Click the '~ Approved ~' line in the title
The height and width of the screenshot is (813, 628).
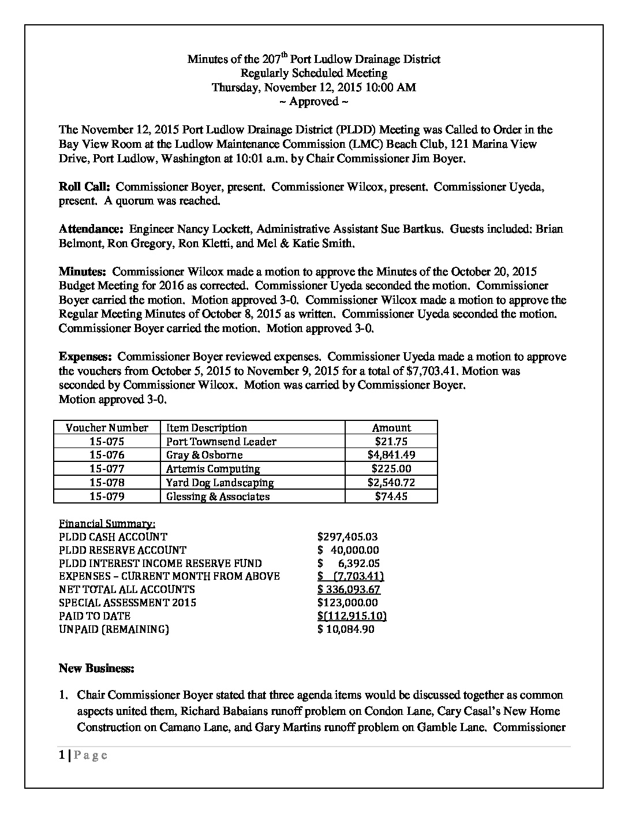[313, 102]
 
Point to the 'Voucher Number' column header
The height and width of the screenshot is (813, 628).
[107, 428]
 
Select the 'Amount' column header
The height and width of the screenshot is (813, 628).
[391, 428]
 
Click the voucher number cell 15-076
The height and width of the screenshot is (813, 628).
[107, 455]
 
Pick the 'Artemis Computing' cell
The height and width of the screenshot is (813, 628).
[213, 469]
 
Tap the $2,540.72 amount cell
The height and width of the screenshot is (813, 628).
[391, 483]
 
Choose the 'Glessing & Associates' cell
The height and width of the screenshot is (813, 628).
[218, 497]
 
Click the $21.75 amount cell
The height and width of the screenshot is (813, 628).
[391, 442]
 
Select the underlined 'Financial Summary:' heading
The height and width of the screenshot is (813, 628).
[107, 524]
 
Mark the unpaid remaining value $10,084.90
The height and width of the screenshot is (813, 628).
[346, 629]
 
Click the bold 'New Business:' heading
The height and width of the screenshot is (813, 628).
[96, 669]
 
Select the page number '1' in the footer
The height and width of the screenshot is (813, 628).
[62, 756]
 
